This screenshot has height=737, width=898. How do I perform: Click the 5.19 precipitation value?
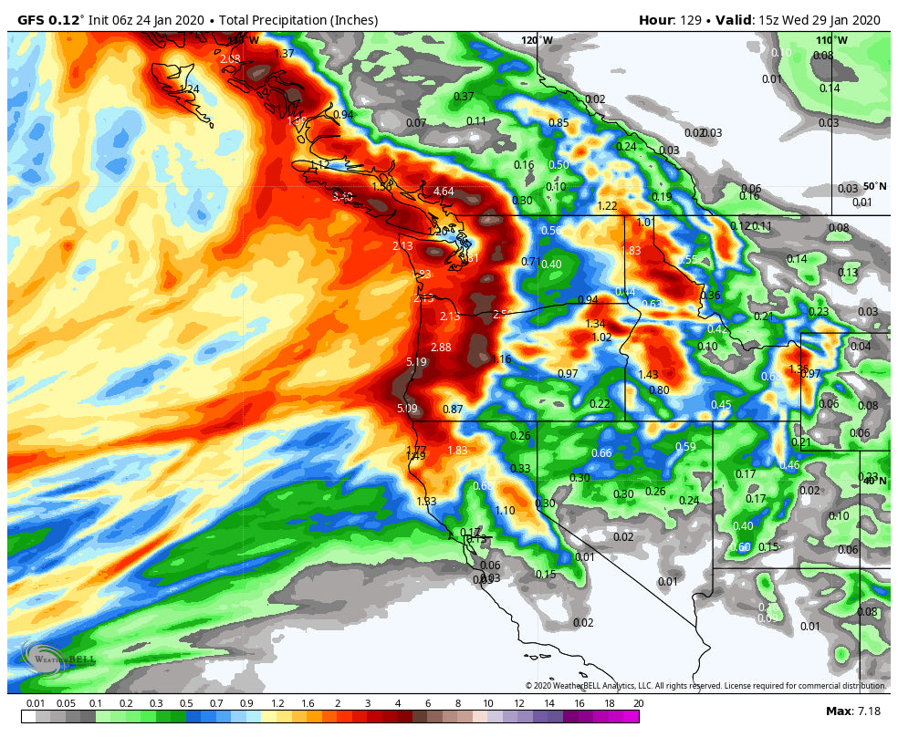point(416,362)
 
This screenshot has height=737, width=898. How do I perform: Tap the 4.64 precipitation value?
point(444,191)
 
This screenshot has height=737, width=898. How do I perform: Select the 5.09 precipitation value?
point(407,408)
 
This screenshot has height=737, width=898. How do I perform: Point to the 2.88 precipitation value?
point(441,347)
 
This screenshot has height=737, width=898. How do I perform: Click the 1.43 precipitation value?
point(648,374)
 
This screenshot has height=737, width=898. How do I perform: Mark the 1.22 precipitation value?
point(607,205)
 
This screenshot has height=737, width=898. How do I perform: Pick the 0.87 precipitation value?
point(453,409)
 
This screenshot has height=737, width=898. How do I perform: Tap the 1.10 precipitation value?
point(505,510)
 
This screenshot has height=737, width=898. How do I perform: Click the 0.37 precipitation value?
point(464,96)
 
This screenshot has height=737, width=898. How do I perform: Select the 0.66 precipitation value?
point(601,453)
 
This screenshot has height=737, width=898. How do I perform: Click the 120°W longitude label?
point(537,40)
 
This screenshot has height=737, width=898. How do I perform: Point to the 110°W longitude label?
point(830,40)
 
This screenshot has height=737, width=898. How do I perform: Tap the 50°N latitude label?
point(873,186)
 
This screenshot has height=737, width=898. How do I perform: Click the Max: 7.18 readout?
point(851,711)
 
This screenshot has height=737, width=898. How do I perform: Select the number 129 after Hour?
point(690,20)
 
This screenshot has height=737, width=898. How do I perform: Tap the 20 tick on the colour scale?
point(638,703)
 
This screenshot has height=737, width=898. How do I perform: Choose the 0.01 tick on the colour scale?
point(36,703)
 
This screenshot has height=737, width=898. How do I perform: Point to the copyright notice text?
point(705,686)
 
